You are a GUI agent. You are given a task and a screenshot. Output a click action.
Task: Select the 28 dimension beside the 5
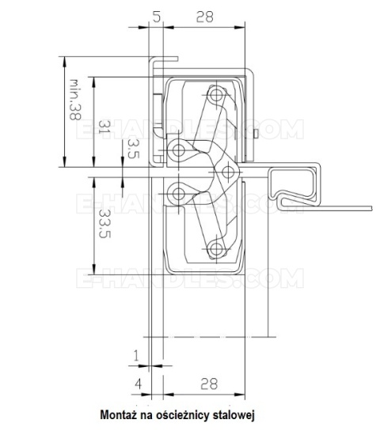[x=204, y=16]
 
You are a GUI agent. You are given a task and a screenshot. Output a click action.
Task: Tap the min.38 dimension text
[x=75, y=99]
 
